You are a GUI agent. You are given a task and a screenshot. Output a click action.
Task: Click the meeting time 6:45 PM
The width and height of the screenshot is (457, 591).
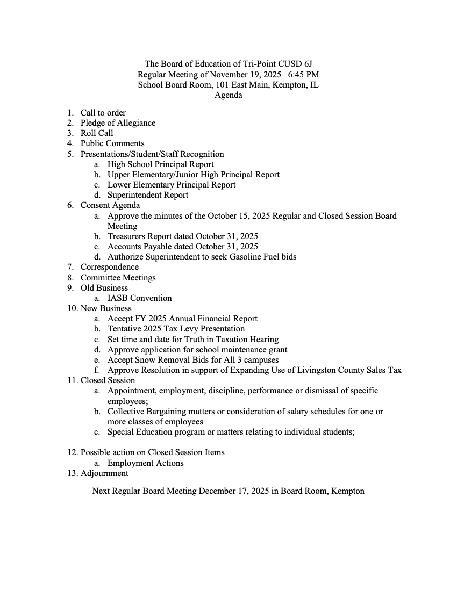[303, 75]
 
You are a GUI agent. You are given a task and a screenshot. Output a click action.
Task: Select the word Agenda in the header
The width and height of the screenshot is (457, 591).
[228, 96]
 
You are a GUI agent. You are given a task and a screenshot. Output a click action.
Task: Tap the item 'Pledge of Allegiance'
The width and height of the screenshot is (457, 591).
[118, 123]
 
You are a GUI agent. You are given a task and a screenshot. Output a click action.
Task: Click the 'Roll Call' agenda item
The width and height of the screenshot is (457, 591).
[97, 133]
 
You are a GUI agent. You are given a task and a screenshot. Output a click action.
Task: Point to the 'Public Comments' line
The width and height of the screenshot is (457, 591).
[112, 143]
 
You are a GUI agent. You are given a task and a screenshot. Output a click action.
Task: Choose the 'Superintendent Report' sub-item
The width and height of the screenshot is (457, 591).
[148, 195]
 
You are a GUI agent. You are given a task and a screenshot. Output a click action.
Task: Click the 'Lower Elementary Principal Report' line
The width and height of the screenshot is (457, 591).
[172, 185]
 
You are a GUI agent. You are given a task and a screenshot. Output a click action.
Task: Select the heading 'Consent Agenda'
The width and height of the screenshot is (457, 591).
[110, 205]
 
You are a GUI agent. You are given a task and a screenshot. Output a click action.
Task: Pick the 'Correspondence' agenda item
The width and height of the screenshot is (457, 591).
[110, 267]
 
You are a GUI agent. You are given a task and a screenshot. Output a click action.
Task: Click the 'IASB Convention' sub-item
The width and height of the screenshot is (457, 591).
[140, 298]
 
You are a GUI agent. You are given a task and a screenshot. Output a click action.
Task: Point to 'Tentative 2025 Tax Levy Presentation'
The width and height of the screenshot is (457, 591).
[176, 329]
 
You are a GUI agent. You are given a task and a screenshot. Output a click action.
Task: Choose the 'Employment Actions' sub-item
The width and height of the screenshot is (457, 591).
[146, 463]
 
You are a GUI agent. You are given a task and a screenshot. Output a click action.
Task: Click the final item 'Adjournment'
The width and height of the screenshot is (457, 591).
[104, 473]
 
